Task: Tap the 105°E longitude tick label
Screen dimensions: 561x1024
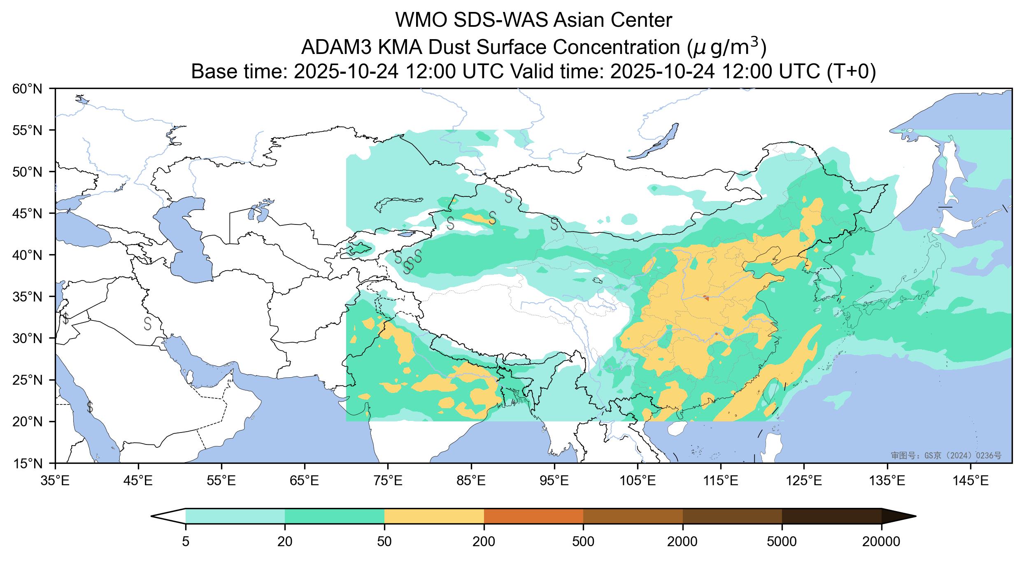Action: click(638, 481)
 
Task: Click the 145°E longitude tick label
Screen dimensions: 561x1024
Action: click(970, 481)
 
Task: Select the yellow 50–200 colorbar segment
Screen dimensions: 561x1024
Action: click(434, 516)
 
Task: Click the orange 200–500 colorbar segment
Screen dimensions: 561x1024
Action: click(533, 516)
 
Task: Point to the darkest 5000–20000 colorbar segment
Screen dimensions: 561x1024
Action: click(831, 516)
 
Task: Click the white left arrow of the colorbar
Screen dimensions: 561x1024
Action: click(169, 516)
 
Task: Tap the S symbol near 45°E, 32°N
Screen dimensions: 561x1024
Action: click(148, 323)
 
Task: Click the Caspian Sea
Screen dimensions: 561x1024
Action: click(185, 239)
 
